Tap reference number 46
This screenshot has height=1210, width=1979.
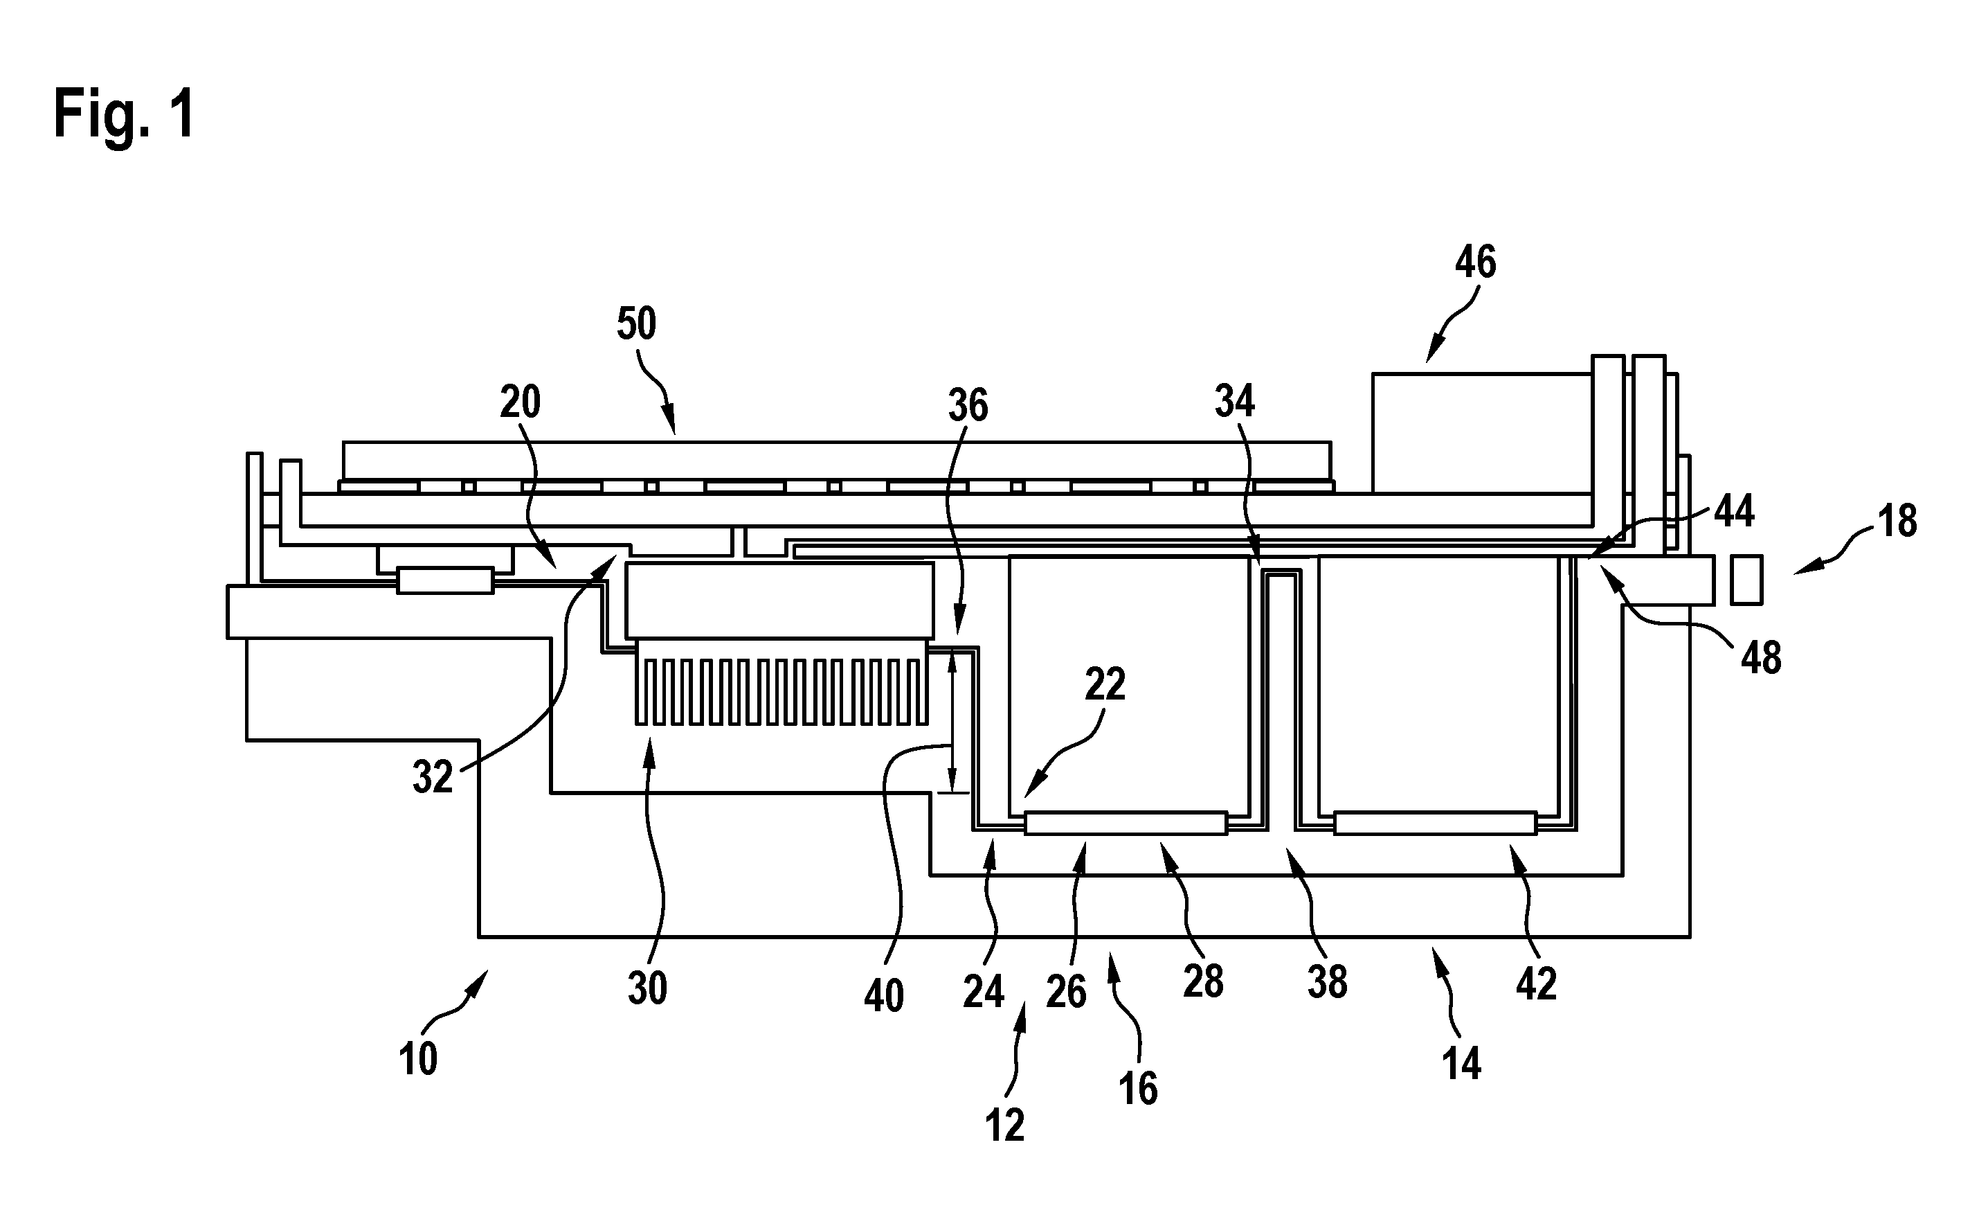1475,262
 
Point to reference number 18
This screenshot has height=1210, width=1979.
1898,521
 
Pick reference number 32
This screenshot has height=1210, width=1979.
433,777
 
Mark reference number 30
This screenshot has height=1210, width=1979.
647,988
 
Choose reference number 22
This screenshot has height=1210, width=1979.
1105,684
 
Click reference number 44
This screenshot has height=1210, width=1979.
1734,511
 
